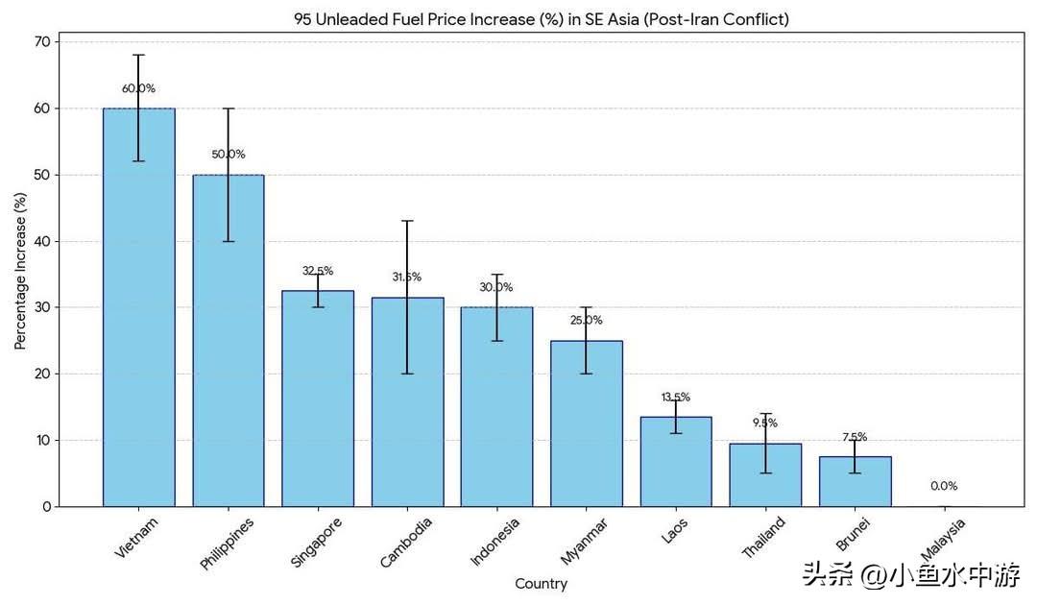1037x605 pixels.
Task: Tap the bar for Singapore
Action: [x=318, y=403]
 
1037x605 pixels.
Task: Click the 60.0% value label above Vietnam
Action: [x=138, y=88]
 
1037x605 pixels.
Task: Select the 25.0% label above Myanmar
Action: [x=586, y=320]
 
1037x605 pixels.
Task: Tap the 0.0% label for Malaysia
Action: [x=944, y=486]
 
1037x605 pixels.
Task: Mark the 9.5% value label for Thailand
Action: [x=765, y=423]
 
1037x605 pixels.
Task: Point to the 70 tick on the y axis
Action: [x=41, y=42]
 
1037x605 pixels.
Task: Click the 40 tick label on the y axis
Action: [x=41, y=241]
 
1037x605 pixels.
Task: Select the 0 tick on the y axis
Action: [x=45, y=506]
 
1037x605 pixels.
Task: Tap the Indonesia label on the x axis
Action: [x=495, y=543]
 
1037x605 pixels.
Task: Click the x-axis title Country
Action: [x=541, y=584]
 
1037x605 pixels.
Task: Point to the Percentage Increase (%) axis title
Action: [x=20, y=270]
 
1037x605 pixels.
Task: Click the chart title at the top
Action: [x=541, y=19]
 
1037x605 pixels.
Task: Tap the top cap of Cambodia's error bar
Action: [x=407, y=221]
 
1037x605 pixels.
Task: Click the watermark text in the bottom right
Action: [x=911, y=575]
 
